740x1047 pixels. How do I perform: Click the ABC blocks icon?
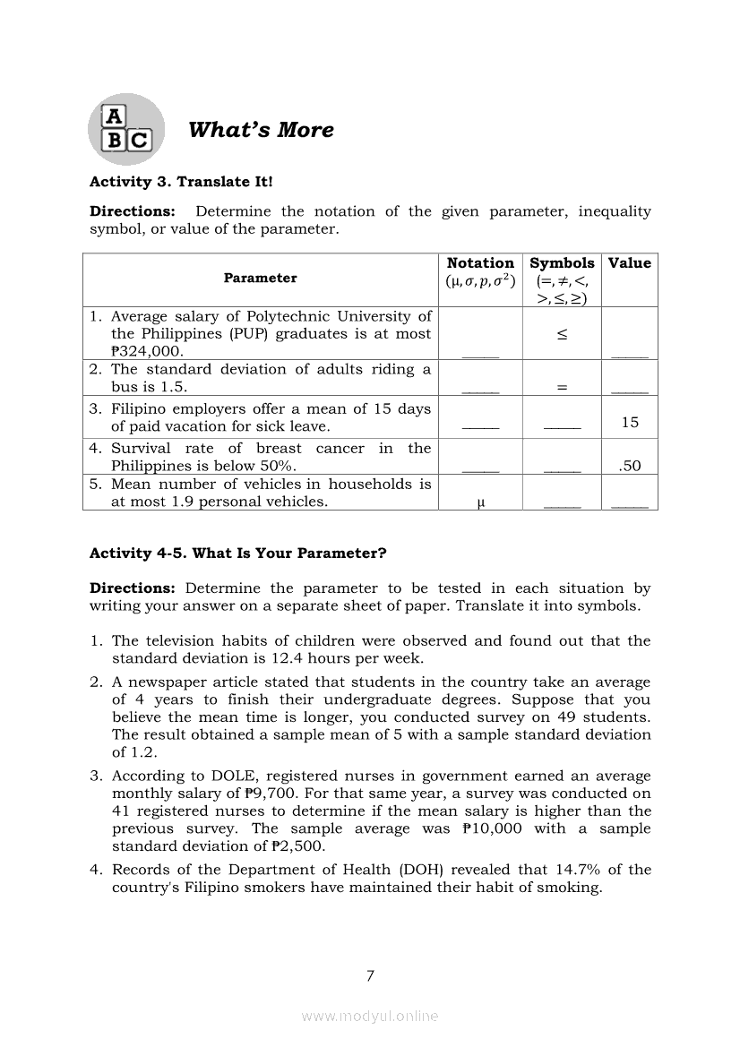click(126, 129)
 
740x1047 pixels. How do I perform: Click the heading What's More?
click(261, 130)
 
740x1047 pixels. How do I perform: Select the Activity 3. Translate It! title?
click(181, 182)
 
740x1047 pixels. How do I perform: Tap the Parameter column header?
click(260, 278)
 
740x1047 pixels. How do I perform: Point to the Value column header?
click(630, 263)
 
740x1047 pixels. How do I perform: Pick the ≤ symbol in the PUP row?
click(562, 334)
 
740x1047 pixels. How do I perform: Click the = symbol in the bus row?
click(562, 387)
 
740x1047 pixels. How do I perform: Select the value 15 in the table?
click(630, 423)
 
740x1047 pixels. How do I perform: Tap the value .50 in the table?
click(630, 466)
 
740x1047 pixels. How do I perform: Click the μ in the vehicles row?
click(481, 502)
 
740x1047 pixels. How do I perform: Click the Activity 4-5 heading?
click(237, 554)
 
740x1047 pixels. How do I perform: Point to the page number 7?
click(370, 976)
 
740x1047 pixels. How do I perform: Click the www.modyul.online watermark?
click(370, 1017)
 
